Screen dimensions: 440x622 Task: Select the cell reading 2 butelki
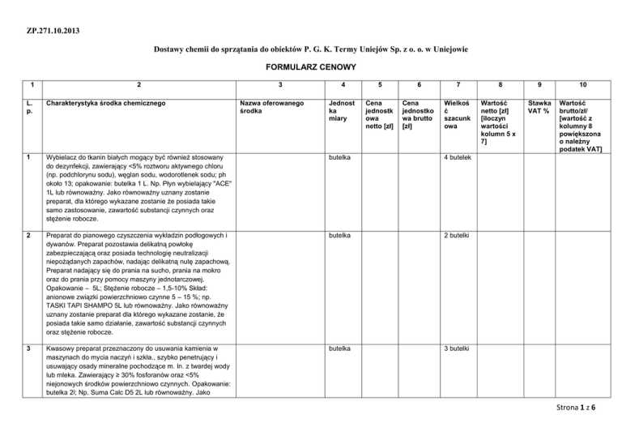[x=459, y=236]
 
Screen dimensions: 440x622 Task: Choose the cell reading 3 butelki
[x=459, y=348]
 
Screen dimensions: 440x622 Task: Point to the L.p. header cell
[x=28, y=109]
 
